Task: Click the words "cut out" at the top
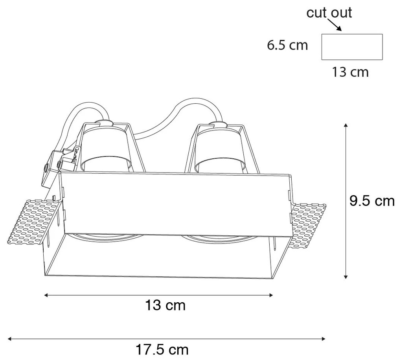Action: (329, 13)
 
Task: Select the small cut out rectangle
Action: (352, 47)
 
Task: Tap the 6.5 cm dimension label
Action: (287, 45)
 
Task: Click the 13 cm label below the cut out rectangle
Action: (350, 72)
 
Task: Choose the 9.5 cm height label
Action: (372, 201)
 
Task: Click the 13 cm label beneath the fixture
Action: (165, 305)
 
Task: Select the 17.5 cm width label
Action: (162, 349)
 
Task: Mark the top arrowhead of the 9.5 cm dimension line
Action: (346, 125)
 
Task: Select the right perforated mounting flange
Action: (309, 224)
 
